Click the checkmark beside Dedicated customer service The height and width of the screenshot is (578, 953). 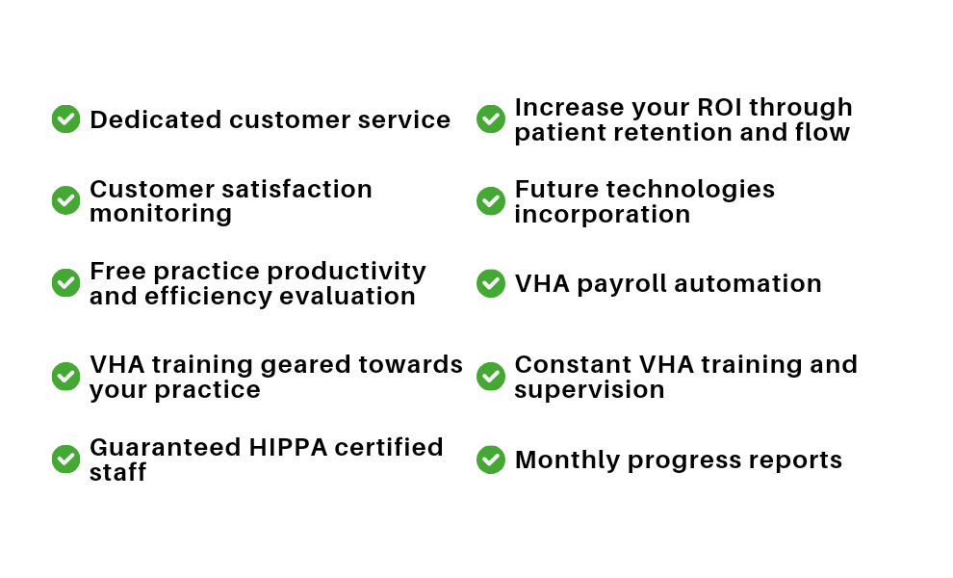pyautogui.click(x=65, y=118)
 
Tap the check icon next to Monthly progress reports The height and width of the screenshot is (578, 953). pyautogui.click(x=491, y=460)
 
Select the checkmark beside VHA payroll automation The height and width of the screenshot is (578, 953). pyautogui.click(x=491, y=283)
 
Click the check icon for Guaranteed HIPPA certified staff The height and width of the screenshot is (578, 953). pyautogui.click(x=65, y=459)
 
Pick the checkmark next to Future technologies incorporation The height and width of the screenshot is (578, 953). pyautogui.click(x=491, y=200)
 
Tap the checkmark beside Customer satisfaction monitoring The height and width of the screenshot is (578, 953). pyautogui.click(x=65, y=200)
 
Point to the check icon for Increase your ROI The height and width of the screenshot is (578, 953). pyautogui.click(x=491, y=118)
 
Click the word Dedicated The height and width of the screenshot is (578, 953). pyautogui.click(x=156, y=119)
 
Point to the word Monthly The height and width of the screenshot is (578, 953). pyautogui.click(x=567, y=460)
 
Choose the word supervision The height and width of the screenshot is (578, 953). pyautogui.click(x=589, y=390)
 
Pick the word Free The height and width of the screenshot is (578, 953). pyautogui.click(x=117, y=272)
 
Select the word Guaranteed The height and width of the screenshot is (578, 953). pyautogui.click(x=166, y=447)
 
